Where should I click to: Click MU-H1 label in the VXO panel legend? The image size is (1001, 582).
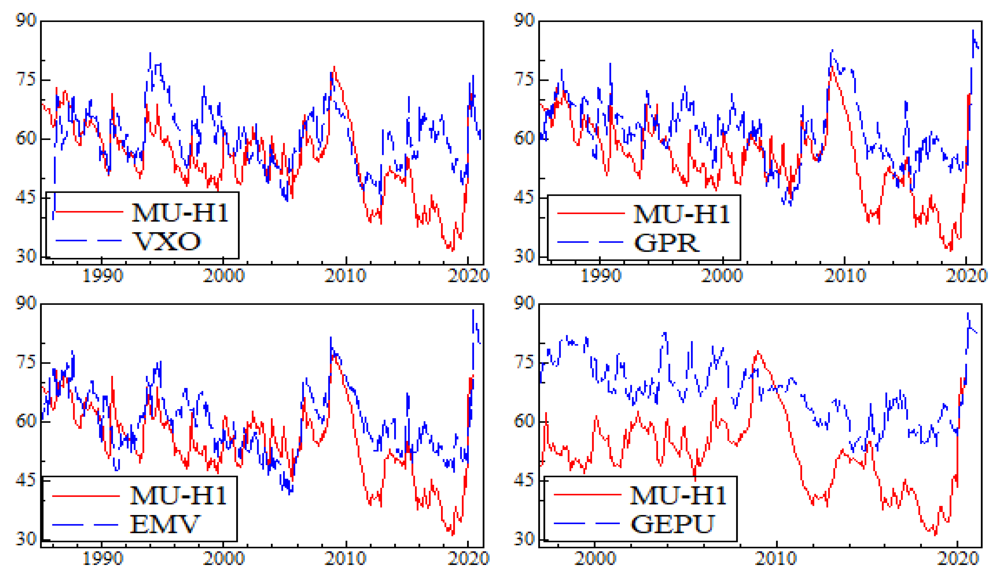pyautogui.click(x=180, y=212)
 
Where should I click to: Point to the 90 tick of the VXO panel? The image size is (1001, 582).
pyautogui.click(x=26, y=20)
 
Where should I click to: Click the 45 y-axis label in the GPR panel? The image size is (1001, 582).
pyautogui.click(x=524, y=197)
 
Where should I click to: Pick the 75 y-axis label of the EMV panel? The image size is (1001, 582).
pyautogui.click(x=26, y=362)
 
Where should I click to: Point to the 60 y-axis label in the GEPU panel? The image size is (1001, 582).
pyautogui.click(x=524, y=421)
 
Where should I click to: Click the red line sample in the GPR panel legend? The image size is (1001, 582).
pyautogui.click(x=591, y=213)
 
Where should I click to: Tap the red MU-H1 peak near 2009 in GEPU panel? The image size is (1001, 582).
pyautogui.click(x=758, y=352)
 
